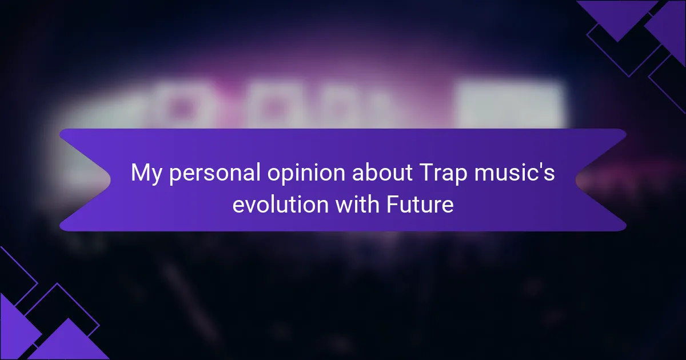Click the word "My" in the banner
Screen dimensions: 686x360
(x=146, y=174)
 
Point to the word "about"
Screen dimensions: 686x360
(x=382, y=173)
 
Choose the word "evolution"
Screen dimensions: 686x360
(x=281, y=204)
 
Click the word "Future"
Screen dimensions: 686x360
(x=420, y=204)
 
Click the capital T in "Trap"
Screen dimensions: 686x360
(x=428, y=173)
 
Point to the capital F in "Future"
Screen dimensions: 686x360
(x=393, y=204)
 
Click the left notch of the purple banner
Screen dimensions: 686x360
(x=110, y=180)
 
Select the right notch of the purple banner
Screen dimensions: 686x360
(x=576, y=180)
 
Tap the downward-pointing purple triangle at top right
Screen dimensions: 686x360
(x=617, y=15)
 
